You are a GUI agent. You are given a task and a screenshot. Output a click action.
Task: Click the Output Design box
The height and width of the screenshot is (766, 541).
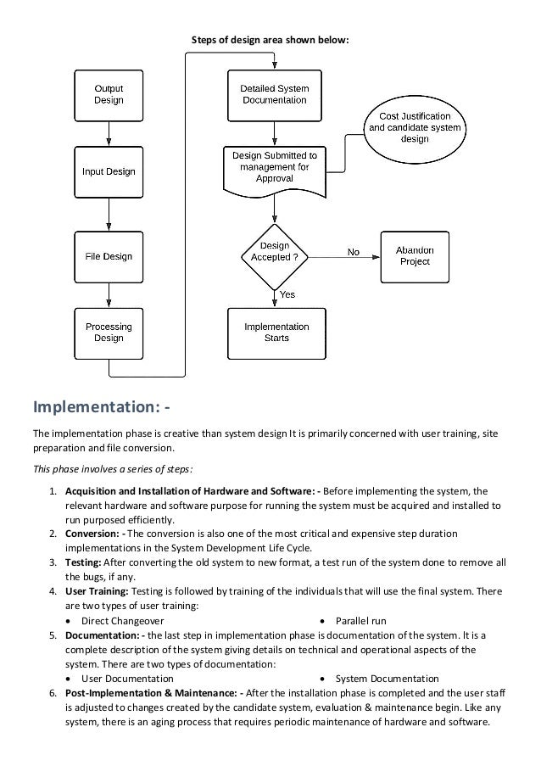(x=109, y=96)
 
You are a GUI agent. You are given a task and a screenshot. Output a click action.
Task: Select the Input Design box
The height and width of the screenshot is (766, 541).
(x=109, y=172)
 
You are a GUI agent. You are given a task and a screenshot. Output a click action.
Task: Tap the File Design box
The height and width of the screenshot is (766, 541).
(x=109, y=257)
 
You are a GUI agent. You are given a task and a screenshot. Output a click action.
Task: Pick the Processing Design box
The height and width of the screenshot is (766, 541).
(x=109, y=333)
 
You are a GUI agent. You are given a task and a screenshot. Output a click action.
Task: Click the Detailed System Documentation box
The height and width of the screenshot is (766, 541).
(x=275, y=96)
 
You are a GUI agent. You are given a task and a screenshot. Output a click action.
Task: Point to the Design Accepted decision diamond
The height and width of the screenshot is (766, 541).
(x=275, y=257)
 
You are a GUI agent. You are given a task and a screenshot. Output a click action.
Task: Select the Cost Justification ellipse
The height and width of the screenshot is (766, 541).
(x=415, y=129)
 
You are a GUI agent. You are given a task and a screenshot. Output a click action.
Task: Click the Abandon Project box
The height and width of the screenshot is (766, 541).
(x=415, y=257)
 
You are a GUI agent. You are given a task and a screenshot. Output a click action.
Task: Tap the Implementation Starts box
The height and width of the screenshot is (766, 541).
(x=276, y=333)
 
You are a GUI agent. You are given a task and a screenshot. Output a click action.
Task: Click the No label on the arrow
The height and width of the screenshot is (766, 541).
(x=354, y=252)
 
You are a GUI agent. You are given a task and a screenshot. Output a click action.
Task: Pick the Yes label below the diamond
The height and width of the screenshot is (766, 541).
(x=287, y=294)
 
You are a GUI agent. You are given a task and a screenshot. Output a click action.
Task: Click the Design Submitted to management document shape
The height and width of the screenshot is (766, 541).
(x=275, y=171)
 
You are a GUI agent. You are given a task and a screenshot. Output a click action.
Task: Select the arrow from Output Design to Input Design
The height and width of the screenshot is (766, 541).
(x=109, y=134)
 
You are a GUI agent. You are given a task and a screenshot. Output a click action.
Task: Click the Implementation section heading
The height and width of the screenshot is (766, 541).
(x=102, y=406)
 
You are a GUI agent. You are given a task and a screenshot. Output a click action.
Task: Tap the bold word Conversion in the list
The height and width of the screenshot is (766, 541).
(x=92, y=534)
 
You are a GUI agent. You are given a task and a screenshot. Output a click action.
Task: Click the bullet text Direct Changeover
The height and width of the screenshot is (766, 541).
(x=123, y=621)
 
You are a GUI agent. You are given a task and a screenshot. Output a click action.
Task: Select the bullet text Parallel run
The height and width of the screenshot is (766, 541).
(x=361, y=621)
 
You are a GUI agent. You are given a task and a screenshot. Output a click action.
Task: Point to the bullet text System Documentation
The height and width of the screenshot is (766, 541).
(x=388, y=679)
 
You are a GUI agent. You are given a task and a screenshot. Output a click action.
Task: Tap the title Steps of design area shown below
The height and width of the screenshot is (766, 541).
(x=270, y=40)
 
